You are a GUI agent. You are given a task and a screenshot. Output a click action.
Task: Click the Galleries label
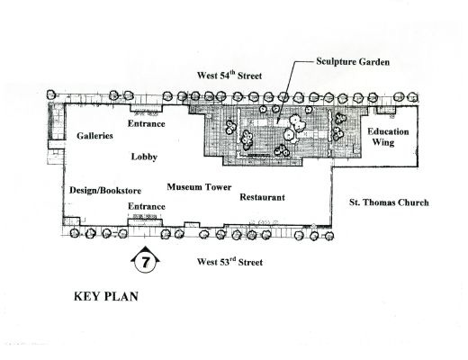click(x=94, y=136)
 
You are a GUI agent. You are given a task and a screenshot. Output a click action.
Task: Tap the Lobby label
click(x=144, y=157)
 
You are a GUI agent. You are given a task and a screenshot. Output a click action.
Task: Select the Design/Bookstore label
click(x=105, y=191)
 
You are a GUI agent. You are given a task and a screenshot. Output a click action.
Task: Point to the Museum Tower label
click(x=199, y=187)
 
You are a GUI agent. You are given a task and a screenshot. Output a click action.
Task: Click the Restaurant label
click(x=262, y=197)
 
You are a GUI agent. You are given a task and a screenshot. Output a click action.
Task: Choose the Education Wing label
click(x=388, y=137)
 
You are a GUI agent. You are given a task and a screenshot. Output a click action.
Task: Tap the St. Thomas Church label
click(x=389, y=202)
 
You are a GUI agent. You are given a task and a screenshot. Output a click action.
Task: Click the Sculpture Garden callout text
click(x=353, y=61)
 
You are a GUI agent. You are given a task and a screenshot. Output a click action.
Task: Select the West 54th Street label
click(x=229, y=75)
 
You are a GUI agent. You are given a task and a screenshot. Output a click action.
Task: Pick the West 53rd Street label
click(x=229, y=262)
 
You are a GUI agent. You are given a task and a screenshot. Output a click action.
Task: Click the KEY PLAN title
click(x=106, y=296)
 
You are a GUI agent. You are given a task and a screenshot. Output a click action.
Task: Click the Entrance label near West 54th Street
click(x=147, y=123)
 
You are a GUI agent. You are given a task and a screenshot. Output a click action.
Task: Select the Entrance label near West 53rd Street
click(x=147, y=206)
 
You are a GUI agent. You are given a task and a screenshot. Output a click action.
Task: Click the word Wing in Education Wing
click(x=383, y=142)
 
